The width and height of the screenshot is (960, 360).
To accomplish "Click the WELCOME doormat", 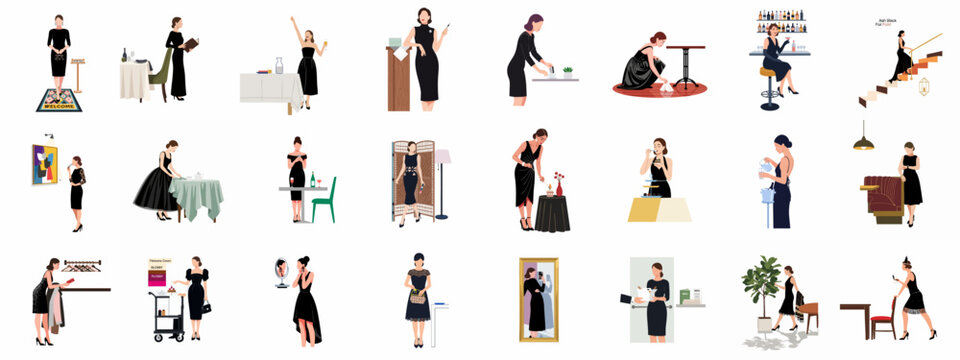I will point(59,100).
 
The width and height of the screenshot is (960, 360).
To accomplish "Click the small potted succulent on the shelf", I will point(568,72).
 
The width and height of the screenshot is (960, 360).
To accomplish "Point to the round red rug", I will point(659,89).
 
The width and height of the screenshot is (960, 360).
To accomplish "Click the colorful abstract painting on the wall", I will point(44,164).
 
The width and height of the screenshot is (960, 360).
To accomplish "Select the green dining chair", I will point(325,200).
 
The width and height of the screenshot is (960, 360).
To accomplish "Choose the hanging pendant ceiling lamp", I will point(863,141).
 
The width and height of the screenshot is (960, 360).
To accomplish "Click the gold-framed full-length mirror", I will point(538,297).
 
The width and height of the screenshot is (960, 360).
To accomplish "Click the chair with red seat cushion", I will point(883,318).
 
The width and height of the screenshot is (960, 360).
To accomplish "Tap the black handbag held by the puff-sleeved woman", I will point(207,308).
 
